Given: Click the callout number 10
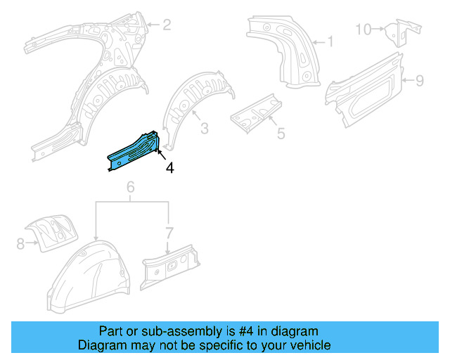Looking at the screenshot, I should tap(363, 29).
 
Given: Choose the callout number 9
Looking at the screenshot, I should tap(419, 81).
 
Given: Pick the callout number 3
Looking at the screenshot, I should tap(204, 128).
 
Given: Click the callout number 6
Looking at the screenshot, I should tap(130, 187).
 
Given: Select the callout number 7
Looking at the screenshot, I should tap(168, 233).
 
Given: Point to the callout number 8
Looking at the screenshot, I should tap(20, 244).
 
